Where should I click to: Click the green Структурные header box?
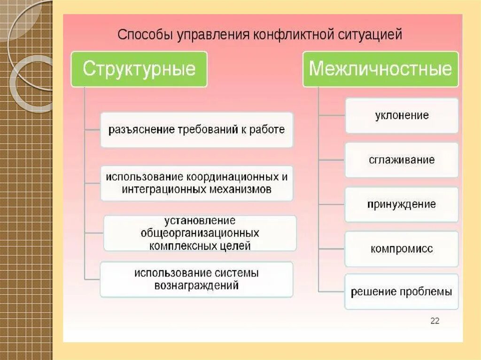[139, 69]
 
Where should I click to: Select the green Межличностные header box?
[380, 69]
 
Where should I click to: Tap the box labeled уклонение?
[402, 115]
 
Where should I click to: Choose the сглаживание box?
[402, 160]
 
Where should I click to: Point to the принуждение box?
[402, 205]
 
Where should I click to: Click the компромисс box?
[402, 249]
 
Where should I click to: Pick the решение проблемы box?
[402, 291]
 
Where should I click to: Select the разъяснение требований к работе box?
[197, 130]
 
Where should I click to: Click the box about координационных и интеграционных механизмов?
[197, 184]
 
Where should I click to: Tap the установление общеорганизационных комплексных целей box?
[200, 233]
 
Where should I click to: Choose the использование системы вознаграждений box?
[197, 279]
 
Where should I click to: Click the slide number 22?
[434, 321]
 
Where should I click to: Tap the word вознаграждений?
[197, 285]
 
